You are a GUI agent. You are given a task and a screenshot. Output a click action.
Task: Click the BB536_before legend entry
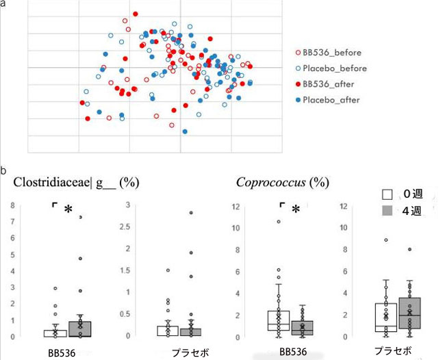[327, 53]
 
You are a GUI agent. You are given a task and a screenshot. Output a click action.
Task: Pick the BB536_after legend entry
[323, 84]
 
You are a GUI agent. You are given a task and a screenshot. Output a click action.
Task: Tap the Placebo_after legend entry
[326, 100]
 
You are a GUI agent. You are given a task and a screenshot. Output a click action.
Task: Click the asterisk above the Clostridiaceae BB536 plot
[67, 209]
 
